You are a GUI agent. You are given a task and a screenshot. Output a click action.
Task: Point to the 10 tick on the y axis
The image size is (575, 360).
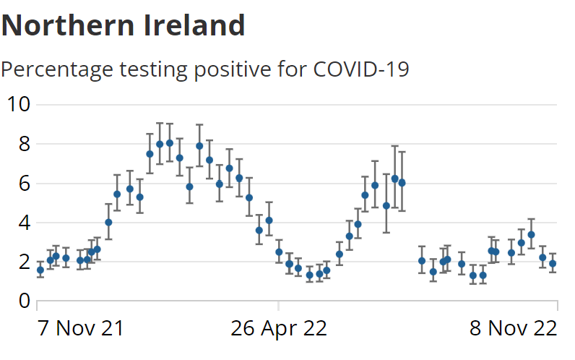pyautogui.click(x=17, y=104)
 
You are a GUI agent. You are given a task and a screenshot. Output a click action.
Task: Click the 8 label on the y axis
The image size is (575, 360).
pyautogui.click(x=23, y=144)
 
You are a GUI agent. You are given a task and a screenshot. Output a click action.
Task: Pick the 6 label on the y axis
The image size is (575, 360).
pyautogui.click(x=23, y=184)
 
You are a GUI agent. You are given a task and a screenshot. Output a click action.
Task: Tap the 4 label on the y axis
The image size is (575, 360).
pyautogui.click(x=23, y=223)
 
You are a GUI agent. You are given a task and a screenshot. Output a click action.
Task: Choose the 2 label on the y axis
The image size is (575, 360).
pyautogui.click(x=23, y=262)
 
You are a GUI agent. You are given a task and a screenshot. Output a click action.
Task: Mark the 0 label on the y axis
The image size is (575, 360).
pyautogui.click(x=23, y=301)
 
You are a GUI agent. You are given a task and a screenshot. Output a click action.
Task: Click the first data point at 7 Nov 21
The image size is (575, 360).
pyautogui.click(x=40, y=270)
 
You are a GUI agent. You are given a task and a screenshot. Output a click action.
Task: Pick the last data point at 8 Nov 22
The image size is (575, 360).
pyautogui.click(x=553, y=264)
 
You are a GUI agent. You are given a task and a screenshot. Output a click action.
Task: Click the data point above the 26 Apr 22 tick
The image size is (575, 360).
pyautogui.click(x=279, y=252)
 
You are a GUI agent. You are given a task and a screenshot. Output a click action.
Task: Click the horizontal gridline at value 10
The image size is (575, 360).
pyautogui.click(x=289, y=105)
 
